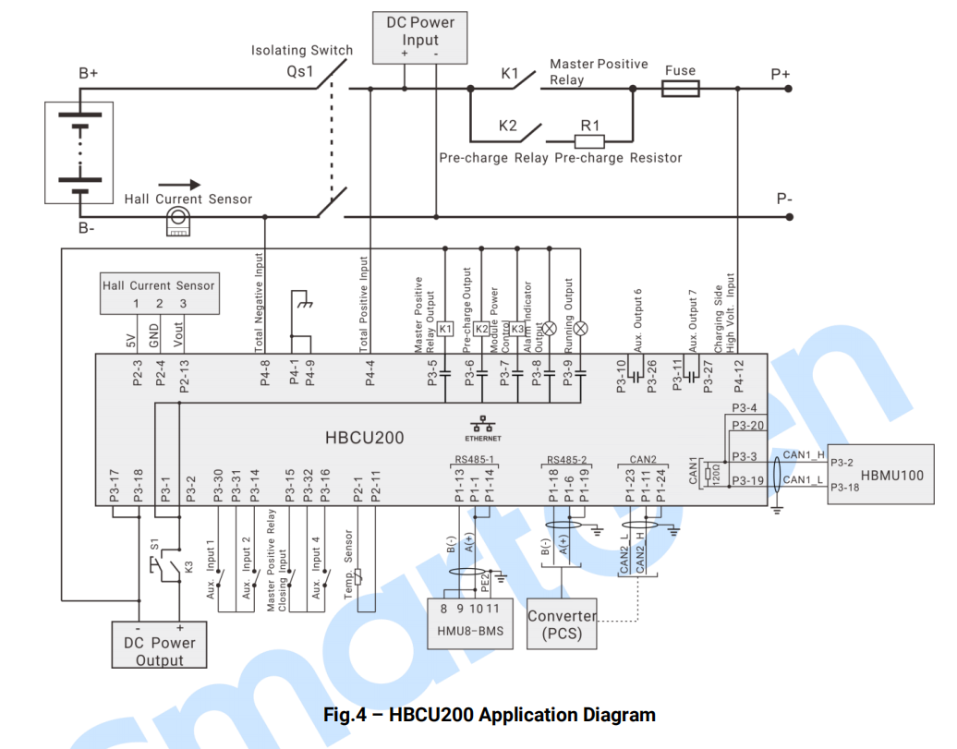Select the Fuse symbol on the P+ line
[680, 90]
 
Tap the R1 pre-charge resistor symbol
[589, 141]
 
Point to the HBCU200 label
[365, 438]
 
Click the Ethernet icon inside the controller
[482, 426]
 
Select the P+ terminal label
[781, 75]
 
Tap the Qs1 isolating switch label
[301, 71]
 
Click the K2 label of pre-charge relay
[508, 126]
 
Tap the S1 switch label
[153, 545]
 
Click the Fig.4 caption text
[490, 715]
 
